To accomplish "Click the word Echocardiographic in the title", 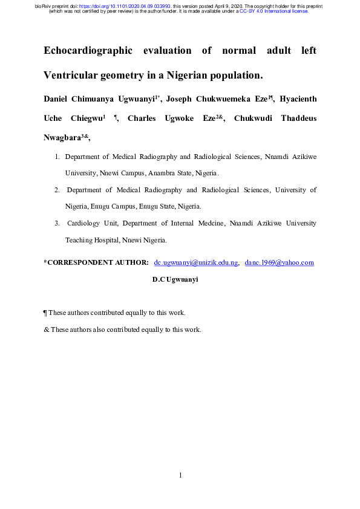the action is pos(88,51).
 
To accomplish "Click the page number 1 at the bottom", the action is pos(180,475).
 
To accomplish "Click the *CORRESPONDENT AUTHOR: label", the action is pos(96,262).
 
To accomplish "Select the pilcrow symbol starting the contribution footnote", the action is pos(45,313).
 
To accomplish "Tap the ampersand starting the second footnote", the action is pos(46,329).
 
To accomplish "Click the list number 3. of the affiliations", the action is pos(57,223).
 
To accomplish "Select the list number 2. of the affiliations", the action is pos(57,190).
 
